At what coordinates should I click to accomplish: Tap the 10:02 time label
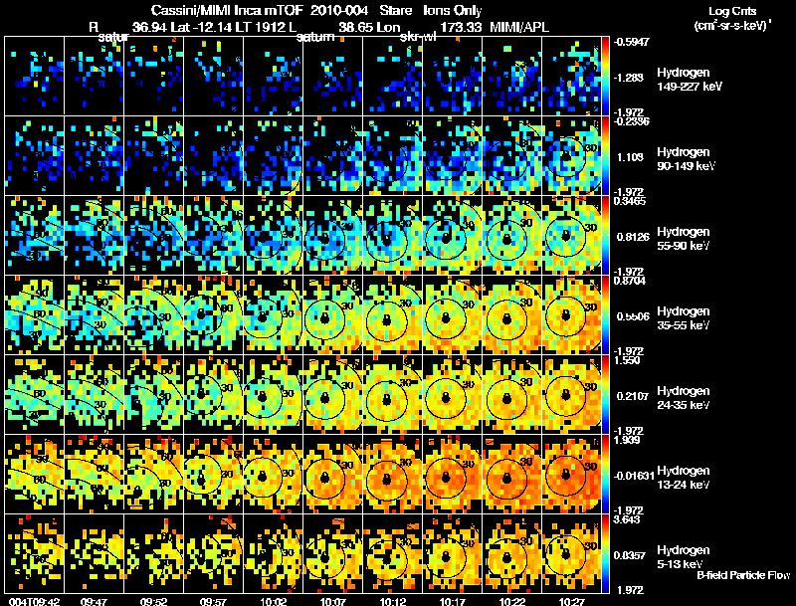274,601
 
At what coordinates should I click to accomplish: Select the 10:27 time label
572,601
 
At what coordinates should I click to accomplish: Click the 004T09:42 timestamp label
33,601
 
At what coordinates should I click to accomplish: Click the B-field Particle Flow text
743,576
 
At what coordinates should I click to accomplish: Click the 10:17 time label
452,601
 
